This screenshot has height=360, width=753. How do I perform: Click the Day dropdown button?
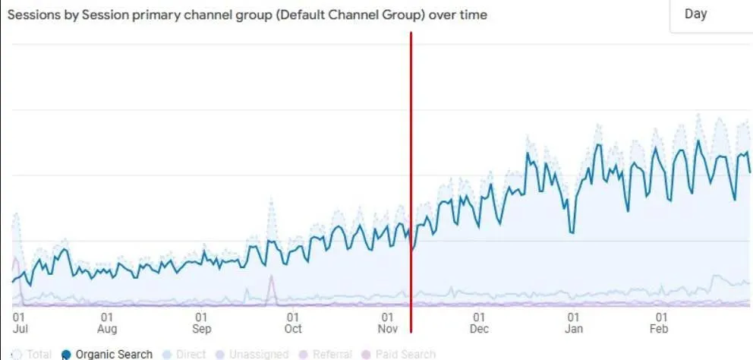710,14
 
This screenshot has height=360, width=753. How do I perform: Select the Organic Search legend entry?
114,354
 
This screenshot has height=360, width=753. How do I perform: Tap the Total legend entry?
39,354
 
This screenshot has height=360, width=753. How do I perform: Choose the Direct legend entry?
191,354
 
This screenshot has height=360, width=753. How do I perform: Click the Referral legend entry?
331,354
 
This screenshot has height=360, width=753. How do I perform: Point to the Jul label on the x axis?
20,329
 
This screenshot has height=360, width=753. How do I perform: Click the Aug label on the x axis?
107,329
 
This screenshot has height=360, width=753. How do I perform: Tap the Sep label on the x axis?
201,329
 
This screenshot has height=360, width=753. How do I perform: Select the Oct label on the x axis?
292,329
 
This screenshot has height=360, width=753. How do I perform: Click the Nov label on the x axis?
387,329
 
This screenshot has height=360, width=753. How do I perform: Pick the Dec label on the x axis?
479,329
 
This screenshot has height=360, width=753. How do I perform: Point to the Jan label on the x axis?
574,329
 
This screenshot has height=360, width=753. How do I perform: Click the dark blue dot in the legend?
66,354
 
